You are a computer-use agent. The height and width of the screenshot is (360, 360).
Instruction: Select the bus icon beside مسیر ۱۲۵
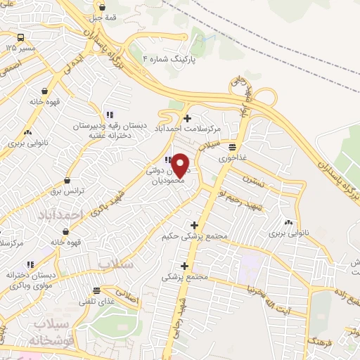[x=21, y=38]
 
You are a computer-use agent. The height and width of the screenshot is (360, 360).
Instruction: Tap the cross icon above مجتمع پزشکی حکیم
[x=194, y=225]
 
